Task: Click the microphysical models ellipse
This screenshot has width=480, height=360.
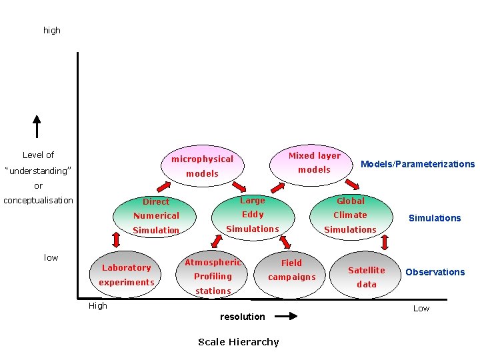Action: (202, 166)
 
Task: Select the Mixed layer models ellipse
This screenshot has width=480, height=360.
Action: (314, 163)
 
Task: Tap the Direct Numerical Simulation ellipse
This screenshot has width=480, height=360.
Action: (156, 216)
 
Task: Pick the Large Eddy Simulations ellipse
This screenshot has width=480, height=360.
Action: (253, 215)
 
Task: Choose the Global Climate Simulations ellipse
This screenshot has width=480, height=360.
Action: (350, 215)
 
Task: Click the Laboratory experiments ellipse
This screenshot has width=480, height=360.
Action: (127, 275)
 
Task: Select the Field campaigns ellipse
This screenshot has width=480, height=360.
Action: (291, 270)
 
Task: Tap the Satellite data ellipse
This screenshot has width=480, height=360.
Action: (366, 277)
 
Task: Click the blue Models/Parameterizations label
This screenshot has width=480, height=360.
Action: (417, 164)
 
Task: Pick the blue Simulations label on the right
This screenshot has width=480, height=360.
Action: (435, 218)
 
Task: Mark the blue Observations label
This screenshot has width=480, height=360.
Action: (435, 272)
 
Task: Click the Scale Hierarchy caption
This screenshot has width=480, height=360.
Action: (239, 342)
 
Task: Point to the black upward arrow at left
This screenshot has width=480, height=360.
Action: (37, 126)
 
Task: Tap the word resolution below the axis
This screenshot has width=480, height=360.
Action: (242, 317)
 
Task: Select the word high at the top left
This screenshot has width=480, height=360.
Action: (51, 30)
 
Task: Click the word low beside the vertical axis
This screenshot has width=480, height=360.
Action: (51, 257)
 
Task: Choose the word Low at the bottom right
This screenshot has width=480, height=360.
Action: (421, 308)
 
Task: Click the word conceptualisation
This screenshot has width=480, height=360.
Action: (38, 200)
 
